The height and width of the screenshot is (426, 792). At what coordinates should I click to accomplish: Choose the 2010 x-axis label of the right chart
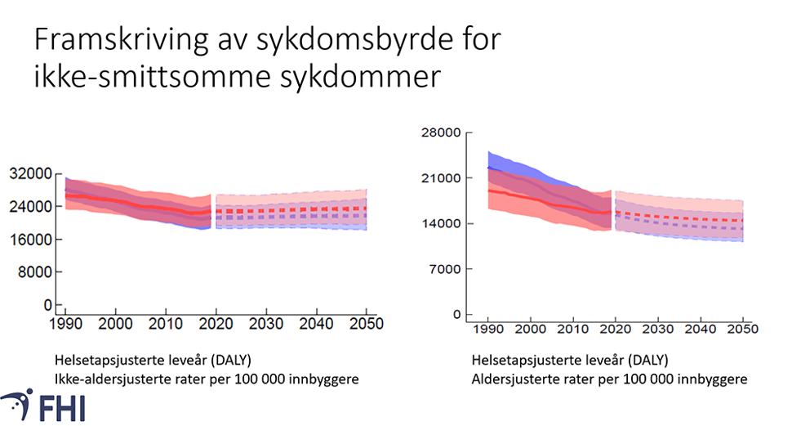pos(572,330)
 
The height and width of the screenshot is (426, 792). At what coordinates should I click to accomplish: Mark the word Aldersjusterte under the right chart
pos(511,379)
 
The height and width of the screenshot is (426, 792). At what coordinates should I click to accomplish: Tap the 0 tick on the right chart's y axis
pos(457,315)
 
